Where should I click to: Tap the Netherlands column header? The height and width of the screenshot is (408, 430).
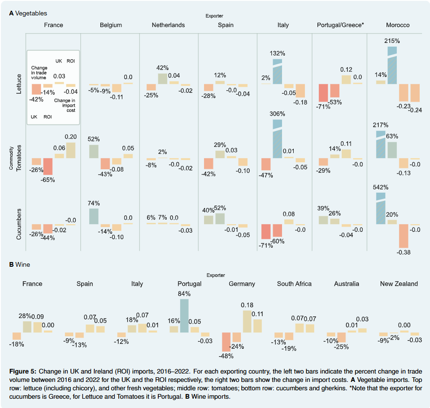click(168, 25)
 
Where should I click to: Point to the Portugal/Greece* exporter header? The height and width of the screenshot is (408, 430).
click(340, 25)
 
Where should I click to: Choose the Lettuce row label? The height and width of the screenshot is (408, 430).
click(19, 84)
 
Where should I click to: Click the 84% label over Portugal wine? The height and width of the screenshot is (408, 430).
click(184, 293)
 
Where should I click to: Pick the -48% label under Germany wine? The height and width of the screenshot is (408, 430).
click(226, 356)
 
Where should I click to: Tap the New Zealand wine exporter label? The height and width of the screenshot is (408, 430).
click(399, 284)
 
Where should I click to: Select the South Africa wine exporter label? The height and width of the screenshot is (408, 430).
click(294, 284)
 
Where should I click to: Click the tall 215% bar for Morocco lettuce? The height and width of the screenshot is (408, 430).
click(392, 65)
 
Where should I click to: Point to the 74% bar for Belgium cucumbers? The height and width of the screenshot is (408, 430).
click(93, 216)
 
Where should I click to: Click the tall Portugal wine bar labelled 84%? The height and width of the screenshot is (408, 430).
click(184, 316)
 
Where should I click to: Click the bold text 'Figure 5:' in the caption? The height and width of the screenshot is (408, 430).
click(22, 371)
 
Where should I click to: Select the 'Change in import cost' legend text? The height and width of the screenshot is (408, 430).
click(66, 105)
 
